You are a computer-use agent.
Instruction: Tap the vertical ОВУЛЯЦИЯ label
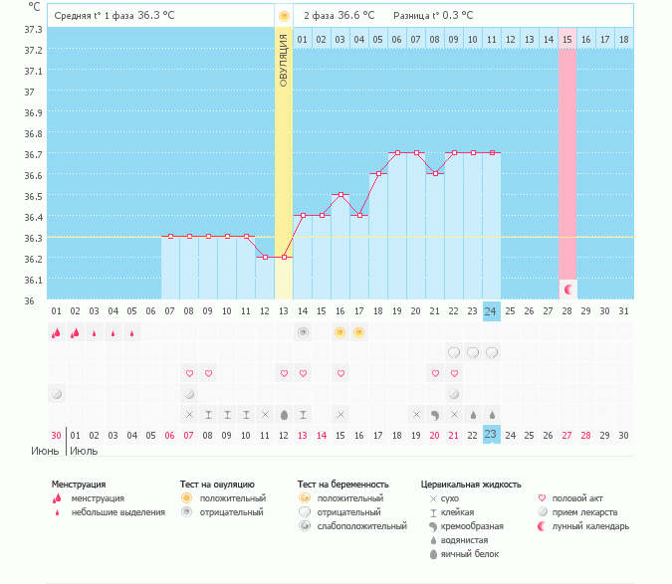coord(284,60)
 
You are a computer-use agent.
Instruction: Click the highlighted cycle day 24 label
coord(491,311)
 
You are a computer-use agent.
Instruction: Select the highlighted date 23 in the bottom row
coord(491,434)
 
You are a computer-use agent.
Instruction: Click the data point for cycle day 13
coord(284,257)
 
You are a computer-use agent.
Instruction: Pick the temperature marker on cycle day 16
coord(340,195)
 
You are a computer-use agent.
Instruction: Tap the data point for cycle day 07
coord(170,237)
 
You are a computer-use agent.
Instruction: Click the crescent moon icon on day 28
coord(567,289)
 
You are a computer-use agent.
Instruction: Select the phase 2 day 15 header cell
coord(567,39)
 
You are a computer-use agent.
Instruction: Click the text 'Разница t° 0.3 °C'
coord(433,16)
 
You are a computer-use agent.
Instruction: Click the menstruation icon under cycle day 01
coord(56,333)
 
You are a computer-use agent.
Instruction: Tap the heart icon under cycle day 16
coord(340,373)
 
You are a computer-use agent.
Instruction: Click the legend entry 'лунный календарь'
coord(590,525)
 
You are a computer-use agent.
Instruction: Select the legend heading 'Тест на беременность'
coord(342,484)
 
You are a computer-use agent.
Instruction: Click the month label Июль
coord(84,451)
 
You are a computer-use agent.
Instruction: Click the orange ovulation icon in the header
coord(284,17)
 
